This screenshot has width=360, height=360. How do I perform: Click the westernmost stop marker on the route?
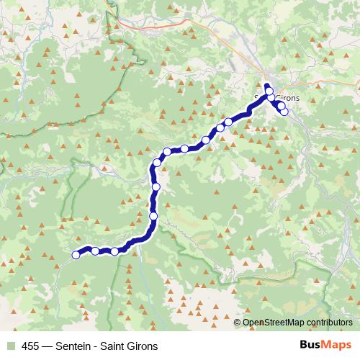76,253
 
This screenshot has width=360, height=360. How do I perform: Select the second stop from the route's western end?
95,251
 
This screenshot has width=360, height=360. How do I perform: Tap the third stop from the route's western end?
114,251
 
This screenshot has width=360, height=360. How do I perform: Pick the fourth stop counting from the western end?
153,216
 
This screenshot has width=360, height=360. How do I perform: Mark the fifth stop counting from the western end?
156,187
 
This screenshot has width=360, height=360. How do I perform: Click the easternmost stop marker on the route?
284,111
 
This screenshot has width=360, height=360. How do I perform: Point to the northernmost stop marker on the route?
270,91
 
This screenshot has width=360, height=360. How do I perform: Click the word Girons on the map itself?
287,98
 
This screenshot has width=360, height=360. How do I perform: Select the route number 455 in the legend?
31,346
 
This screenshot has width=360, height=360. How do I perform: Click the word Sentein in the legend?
75,346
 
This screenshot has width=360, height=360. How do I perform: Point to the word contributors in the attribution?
328,323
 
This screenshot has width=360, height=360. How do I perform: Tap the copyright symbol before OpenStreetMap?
238,323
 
